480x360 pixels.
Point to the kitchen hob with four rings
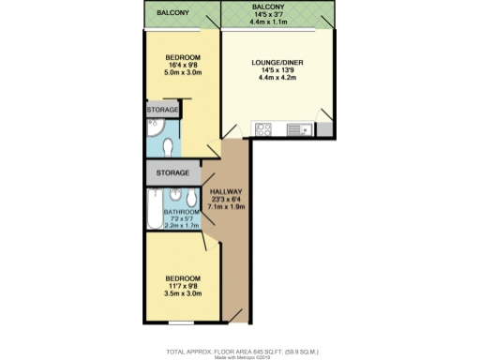pyautogui.click(x=264, y=130)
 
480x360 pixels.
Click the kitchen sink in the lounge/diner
pyautogui.click(x=298, y=130)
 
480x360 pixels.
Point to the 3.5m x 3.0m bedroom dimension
pyautogui.click(x=184, y=292)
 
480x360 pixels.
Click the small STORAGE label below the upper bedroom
pyautogui.click(x=162, y=111)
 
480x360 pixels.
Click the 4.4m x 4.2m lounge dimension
pyautogui.click(x=277, y=79)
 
